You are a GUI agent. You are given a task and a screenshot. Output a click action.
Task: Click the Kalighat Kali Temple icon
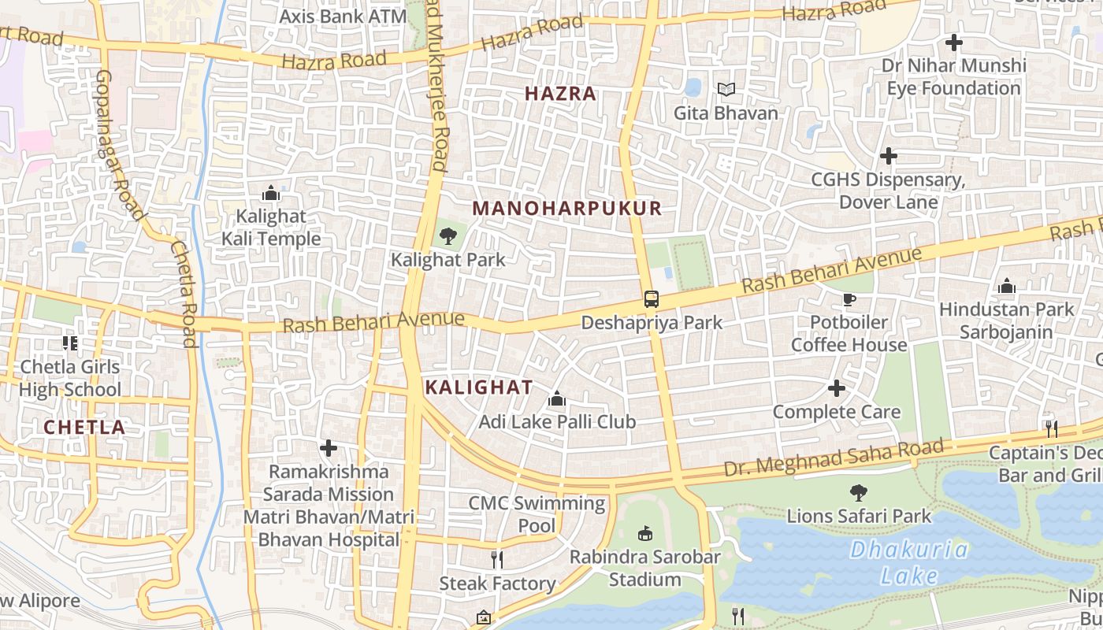coord(270,193)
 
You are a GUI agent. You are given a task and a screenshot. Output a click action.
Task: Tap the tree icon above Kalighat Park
coord(448,235)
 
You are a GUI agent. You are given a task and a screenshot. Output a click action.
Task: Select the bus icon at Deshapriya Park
coord(652,299)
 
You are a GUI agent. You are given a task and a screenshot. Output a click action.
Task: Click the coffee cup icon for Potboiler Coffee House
coord(849,299)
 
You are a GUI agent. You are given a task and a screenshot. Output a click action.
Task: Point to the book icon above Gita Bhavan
coord(726,90)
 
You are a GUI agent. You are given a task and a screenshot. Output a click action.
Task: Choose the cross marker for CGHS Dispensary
coord(888,156)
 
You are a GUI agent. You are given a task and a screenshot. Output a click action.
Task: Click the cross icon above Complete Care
coord(837,388)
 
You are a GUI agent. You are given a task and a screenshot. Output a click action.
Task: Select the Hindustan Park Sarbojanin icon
coord(1006,287)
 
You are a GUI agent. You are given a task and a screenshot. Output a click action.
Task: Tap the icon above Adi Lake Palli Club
coord(557,399)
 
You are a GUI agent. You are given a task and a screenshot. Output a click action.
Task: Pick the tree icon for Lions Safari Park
coord(859,493)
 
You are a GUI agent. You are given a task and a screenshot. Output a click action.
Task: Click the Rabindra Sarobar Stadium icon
coord(645,534)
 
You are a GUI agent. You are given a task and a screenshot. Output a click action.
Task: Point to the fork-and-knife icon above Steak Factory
coord(497,560)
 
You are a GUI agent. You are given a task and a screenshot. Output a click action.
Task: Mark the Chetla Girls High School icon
coord(70,343)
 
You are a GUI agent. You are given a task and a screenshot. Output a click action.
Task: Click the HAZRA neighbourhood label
coord(560,94)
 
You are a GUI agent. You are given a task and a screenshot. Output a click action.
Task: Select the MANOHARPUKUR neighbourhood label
coord(567,209)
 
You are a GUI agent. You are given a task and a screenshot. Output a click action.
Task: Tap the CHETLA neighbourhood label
coord(84,428)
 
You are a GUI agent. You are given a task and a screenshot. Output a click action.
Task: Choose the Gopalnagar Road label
coord(121,146)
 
